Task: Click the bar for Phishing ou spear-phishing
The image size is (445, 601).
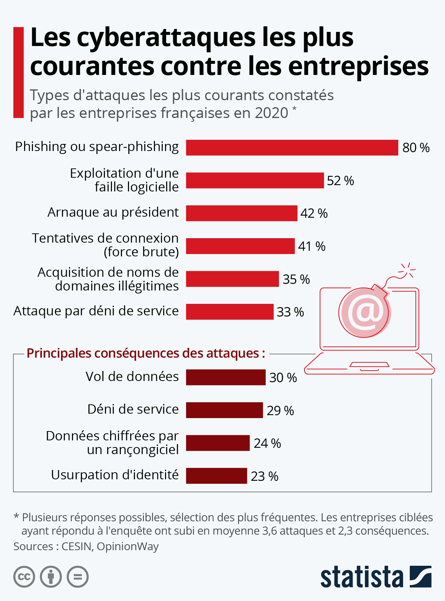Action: click(x=292, y=148)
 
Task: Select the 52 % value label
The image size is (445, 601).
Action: click(x=340, y=181)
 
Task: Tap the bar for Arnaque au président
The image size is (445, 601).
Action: click(x=241, y=213)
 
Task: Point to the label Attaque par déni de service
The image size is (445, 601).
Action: click(x=96, y=311)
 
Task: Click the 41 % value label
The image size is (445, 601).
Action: click(x=311, y=246)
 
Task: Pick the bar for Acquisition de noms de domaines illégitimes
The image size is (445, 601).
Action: click(x=232, y=279)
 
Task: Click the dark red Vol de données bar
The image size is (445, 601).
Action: click(x=225, y=377)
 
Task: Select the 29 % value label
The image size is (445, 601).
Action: click(x=280, y=411)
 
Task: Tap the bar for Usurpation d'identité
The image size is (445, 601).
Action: click(x=216, y=476)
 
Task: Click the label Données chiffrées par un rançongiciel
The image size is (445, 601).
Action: click(x=112, y=443)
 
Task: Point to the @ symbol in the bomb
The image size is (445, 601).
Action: click(x=365, y=312)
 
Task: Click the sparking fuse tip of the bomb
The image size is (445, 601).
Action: click(x=407, y=270)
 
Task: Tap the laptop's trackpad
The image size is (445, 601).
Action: click(x=369, y=365)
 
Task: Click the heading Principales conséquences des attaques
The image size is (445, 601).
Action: click(x=146, y=353)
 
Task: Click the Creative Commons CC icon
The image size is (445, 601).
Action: click(x=24, y=577)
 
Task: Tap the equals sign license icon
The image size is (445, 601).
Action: click(x=78, y=577)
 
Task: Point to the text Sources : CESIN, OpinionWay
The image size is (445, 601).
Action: click(x=86, y=546)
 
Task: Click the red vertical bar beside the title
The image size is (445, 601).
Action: click(x=19, y=72)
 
